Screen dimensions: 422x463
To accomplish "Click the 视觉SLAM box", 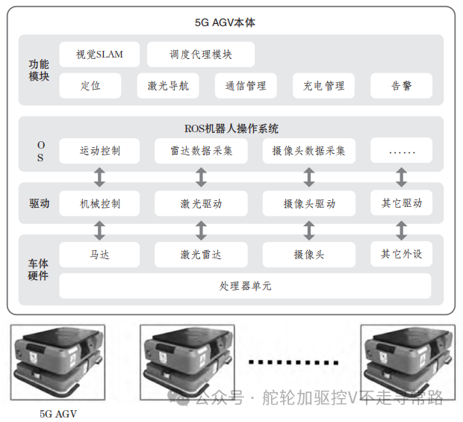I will tap(99, 55).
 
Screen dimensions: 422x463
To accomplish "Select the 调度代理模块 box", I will tap(201, 55).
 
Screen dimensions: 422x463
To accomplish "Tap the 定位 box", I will tap(90, 86).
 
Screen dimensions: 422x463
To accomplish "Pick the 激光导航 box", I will tap(168, 86).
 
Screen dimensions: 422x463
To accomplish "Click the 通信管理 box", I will tap(246, 86).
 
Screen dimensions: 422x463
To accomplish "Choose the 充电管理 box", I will tap(323, 86).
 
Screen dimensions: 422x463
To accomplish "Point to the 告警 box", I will tap(401, 86).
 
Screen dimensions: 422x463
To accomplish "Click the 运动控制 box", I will tap(99, 151).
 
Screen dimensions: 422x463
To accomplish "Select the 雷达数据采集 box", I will tap(201, 151).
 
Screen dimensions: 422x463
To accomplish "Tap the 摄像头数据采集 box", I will tap(308, 151).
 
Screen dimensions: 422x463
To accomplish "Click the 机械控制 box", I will tap(99, 203).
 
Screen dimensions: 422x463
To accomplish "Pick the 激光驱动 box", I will tap(201, 203).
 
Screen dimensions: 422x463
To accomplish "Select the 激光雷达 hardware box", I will tap(201, 255).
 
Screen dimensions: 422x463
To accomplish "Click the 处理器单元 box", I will tap(245, 286).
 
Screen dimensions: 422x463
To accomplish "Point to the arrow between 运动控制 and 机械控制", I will tap(99, 177).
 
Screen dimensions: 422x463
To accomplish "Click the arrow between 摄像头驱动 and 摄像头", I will tap(308, 229).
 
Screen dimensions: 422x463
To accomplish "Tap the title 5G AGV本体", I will tap(231, 23).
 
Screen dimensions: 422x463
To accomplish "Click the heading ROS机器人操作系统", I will tap(231, 128).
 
